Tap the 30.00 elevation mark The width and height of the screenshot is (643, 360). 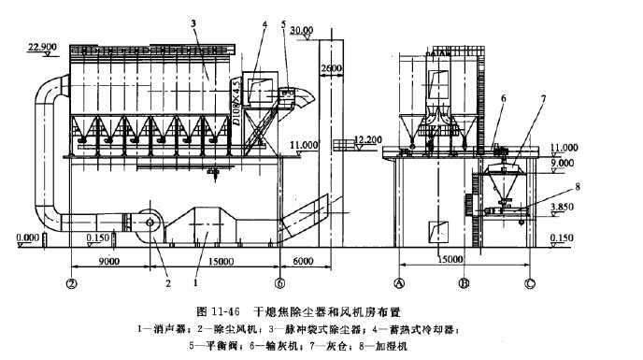pos(302,30)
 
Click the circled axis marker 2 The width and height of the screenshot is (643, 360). pos(71,281)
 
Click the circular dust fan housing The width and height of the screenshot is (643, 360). pos(149,221)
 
